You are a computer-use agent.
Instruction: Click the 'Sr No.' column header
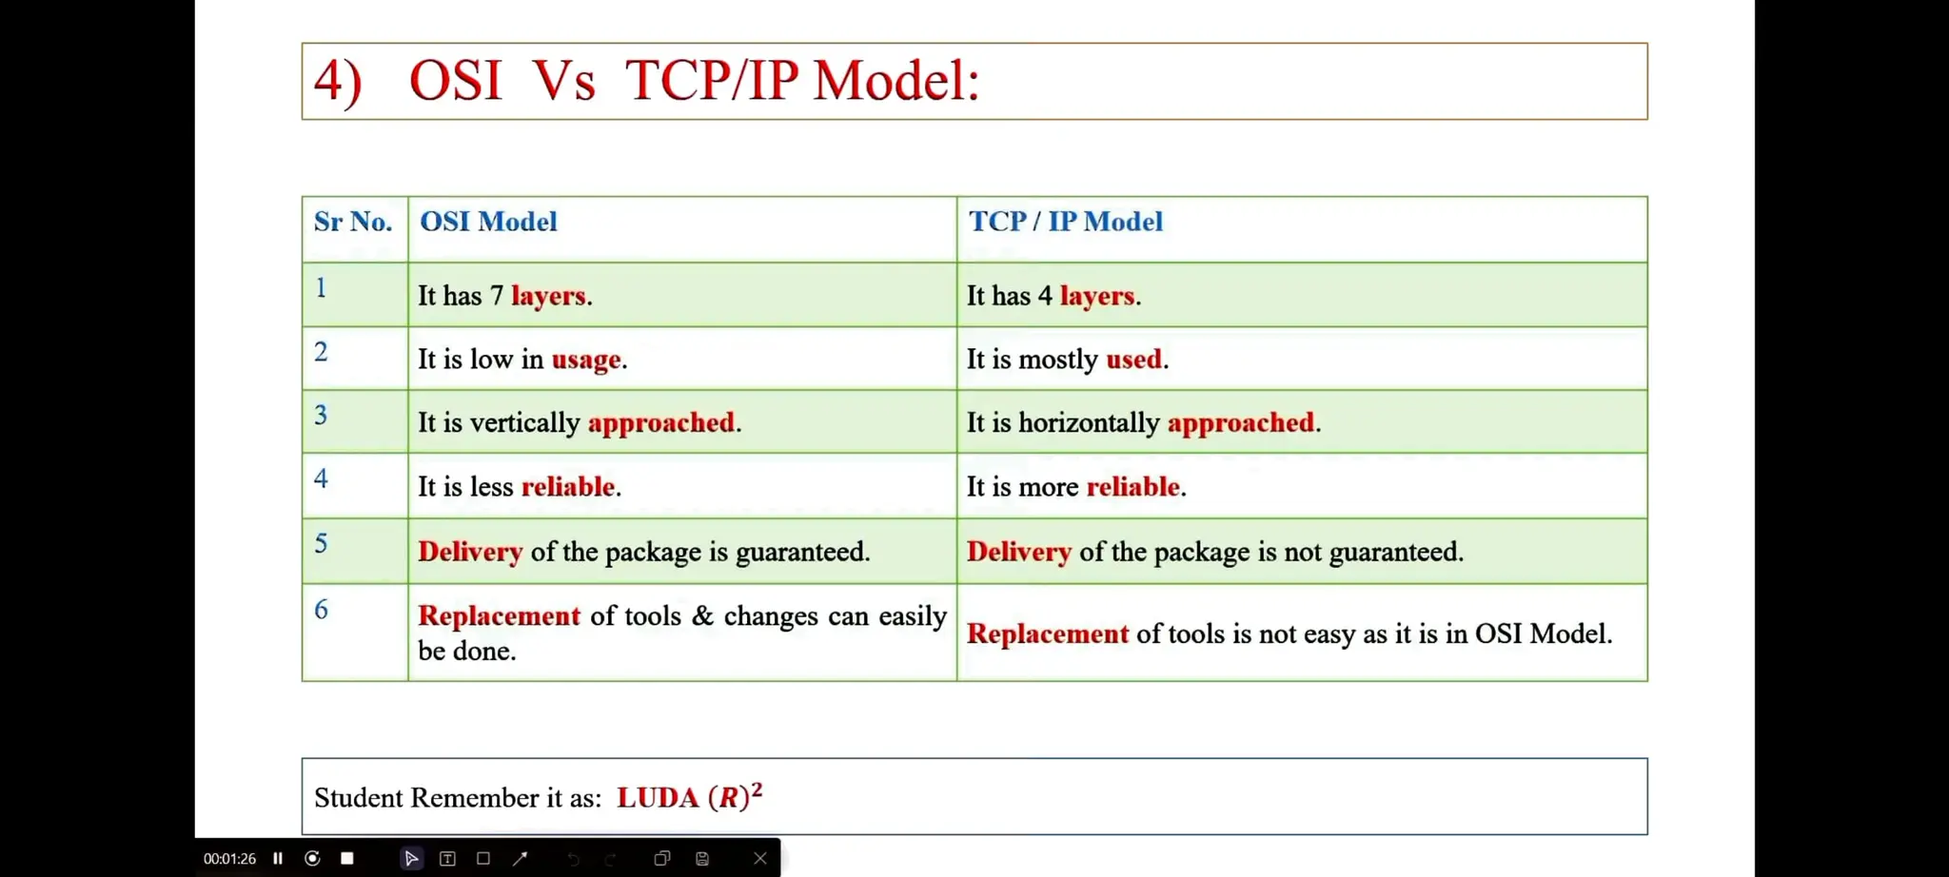353,222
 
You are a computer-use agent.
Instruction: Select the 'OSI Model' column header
488,222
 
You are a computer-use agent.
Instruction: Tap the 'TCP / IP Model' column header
1065,222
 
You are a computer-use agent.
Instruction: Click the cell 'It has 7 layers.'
504,296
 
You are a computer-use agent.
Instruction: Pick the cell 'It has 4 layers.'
1053,296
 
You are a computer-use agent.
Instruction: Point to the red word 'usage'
586,360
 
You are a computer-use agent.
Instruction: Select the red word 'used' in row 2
1133,360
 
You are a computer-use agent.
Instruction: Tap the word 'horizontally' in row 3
1089,422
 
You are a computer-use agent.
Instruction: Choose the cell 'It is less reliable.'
519,487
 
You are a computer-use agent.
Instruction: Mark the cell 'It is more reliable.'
1075,487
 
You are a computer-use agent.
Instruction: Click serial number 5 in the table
322,543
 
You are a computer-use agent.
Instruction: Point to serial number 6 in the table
322,610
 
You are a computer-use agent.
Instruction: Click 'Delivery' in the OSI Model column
470,552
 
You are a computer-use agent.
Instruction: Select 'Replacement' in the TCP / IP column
1047,633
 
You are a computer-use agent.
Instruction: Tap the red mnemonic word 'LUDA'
658,797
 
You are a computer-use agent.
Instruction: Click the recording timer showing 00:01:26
229,858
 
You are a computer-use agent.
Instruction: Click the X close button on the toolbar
759,858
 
